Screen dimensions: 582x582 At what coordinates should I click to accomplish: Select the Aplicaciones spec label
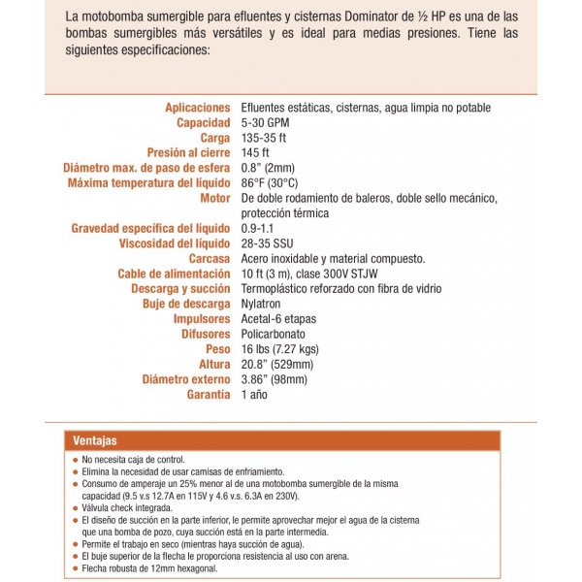coord(198,108)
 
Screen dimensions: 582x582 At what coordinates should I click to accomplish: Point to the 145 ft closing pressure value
coord(255,153)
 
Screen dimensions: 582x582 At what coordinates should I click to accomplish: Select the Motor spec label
coord(214,198)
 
